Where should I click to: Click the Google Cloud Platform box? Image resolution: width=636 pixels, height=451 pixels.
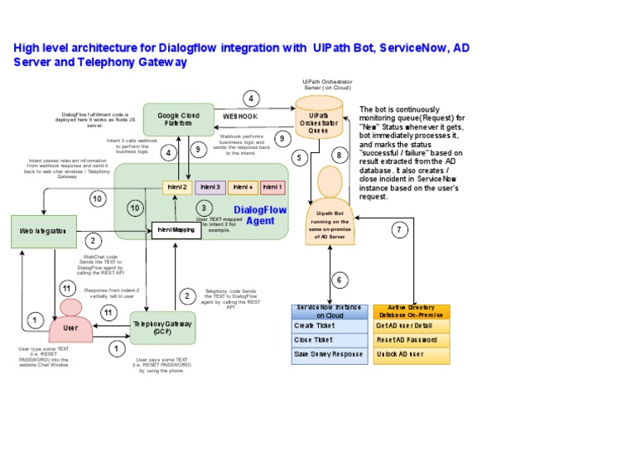(x=179, y=119)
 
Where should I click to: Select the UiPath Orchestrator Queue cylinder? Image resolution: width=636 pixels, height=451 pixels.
(x=323, y=122)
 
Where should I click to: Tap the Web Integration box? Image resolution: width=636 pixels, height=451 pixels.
(x=44, y=230)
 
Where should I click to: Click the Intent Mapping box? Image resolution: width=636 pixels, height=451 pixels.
(x=176, y=229)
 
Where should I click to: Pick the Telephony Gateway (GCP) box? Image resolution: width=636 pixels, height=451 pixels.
(x=163, y=328)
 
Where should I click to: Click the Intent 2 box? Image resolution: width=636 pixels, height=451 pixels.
(x=177, y=188)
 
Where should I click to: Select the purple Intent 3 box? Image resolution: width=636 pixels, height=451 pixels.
(x=210, y=188)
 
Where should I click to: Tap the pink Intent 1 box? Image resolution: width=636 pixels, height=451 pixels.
(x=273, y=188)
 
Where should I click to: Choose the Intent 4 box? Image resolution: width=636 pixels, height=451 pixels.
(x=243, y=188)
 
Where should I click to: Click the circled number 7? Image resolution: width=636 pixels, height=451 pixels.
(x=400, y=229)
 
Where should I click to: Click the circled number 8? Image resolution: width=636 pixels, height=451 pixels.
(x=338, y=155)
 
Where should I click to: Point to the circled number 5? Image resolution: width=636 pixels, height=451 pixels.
(x=300, y=156)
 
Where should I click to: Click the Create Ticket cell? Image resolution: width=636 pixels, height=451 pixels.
(x=330, y=325)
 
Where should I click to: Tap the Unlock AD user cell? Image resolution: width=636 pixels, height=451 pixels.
(x=412, y=354)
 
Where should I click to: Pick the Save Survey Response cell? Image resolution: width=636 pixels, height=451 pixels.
(x=330, y=354)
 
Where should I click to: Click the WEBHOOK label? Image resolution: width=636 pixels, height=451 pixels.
(x=240, y=117)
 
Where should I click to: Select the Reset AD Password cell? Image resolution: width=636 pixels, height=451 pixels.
(x=412, y=340)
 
